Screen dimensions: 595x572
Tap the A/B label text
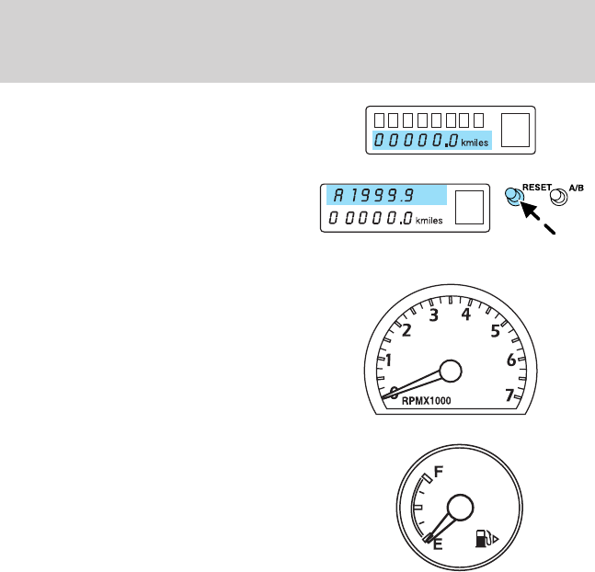pos(577,187)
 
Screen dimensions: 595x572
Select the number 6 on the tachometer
pos(510,361)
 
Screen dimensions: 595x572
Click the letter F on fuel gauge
pos(439,471)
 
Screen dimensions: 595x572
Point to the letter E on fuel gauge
pos(438,543)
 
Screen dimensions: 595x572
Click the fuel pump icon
pos(483,537)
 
